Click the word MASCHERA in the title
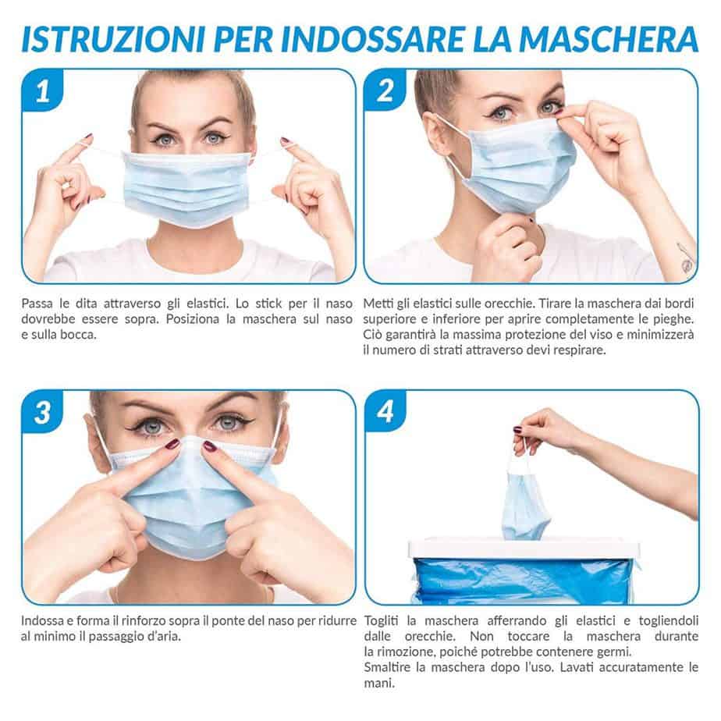point(609,40)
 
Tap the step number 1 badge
point(43,91)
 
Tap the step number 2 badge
point(385,91)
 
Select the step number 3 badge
point(43,412)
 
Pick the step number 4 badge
point(385,412)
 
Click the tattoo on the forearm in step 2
point(686,258)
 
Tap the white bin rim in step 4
point(524,548)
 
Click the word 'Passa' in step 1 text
point(37,304)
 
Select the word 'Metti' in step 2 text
point(377,304)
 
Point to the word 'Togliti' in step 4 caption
point(382,621)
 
